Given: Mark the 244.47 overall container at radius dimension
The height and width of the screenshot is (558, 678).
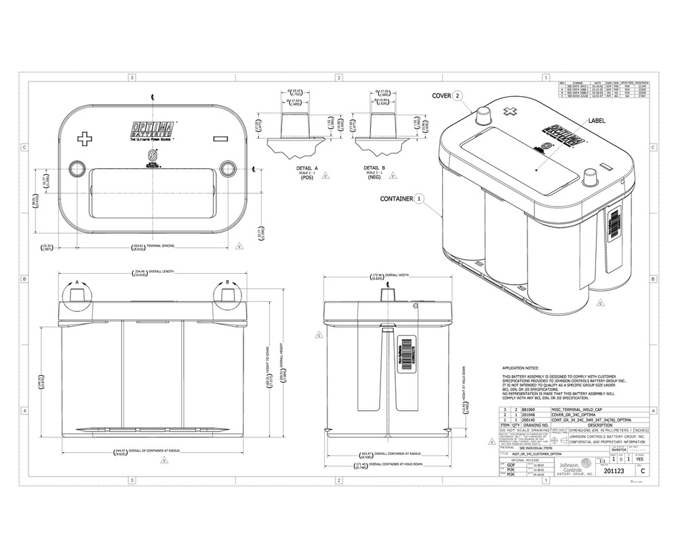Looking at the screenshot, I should tap(120, 450).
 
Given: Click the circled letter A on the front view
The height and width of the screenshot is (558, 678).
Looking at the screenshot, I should tap(77, 281).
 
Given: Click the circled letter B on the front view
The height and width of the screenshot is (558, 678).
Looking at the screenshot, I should tap(228, 281).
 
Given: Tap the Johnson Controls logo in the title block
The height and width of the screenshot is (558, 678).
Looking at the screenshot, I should tap(574, 468).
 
